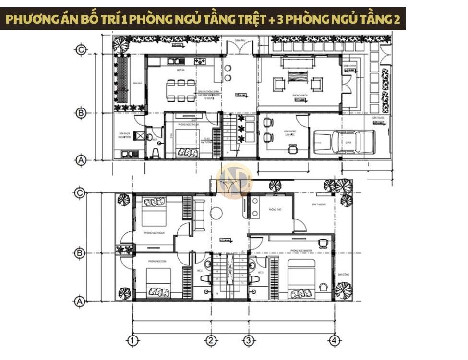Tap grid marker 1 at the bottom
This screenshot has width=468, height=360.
(133, 341)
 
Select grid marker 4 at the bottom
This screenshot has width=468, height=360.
(335, 341)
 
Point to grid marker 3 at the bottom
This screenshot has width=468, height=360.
(248, 341)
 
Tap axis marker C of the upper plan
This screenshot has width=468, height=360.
(81, 49)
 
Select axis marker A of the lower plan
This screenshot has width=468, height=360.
(81, 301)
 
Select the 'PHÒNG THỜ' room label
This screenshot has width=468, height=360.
(275, 210)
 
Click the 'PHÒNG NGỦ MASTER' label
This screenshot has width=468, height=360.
(302, 250)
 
